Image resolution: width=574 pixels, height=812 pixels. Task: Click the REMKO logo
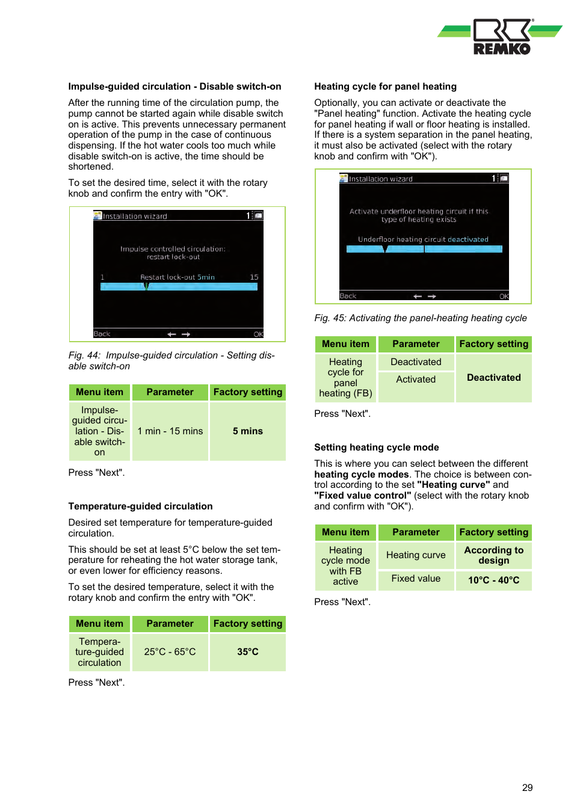click(501, 37)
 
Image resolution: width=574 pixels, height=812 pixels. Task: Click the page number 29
click(527, 787)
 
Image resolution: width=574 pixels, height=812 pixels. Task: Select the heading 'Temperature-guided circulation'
click(140, 506)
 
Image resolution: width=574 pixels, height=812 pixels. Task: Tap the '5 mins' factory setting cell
click(247, 431)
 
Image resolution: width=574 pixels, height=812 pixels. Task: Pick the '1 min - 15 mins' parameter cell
click(170, 431)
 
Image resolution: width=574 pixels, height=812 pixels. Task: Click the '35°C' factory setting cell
click(247, 652)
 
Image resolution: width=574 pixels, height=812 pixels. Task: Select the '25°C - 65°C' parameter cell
click(170, 652)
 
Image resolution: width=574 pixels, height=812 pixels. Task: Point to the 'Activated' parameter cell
click(416, 380)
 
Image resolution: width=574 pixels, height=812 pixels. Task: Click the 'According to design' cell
click(493, 555)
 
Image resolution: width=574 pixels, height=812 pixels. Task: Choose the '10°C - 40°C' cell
click(493, 580)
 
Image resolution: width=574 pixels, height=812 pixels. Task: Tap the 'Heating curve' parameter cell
click(416, 555)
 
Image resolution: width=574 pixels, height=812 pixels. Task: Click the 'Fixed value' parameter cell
click(416, 579)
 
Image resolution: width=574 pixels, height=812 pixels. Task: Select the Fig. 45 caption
click(420, 318)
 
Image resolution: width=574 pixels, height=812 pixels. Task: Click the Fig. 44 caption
click(171, 361)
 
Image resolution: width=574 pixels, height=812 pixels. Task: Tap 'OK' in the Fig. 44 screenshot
click(258, 334)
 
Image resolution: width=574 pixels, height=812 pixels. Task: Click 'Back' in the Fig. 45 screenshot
click(348, 296)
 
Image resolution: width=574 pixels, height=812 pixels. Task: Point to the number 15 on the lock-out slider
click(254, 277)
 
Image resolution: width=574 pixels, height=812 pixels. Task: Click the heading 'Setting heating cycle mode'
click(376, 448)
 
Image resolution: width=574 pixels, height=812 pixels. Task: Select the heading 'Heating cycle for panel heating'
click(385, 87)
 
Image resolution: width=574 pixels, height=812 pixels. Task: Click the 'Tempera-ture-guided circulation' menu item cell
click(99, 652)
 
